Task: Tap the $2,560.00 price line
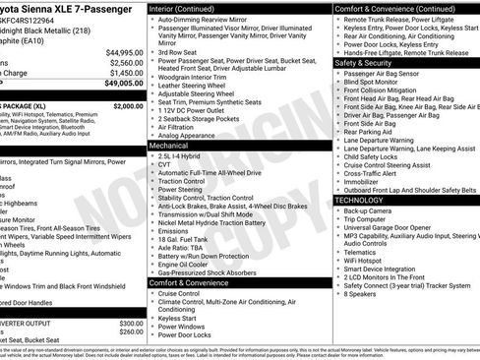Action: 122,63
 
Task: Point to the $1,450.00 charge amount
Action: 122,74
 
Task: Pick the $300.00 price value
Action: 130,324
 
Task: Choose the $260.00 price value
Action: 130,332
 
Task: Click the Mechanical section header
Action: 168,144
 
